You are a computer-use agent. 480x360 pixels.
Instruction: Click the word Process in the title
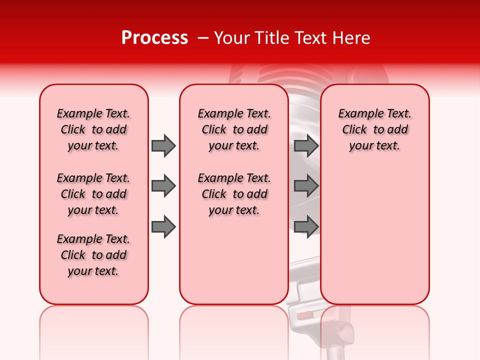point(154,38)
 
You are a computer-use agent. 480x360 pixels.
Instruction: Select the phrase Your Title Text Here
point(292,38)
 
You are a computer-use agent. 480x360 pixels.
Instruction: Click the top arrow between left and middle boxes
point(163,145)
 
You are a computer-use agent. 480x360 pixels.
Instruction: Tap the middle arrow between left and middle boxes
point(163,186)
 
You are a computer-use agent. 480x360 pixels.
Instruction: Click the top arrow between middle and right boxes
point(306,145)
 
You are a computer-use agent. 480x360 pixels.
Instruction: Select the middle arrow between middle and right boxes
point(306,186)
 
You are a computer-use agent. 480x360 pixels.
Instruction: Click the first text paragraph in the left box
point(93,129)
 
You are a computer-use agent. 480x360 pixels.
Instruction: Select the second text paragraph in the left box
point(93,194)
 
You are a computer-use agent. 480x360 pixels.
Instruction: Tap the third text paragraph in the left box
point(93,255)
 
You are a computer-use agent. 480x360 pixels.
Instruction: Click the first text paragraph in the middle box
point(234,129)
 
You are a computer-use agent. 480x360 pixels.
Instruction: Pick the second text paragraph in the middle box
point(234,194)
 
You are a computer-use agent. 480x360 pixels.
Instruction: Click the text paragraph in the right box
point(374,129)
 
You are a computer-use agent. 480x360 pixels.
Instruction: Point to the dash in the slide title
point(202,38)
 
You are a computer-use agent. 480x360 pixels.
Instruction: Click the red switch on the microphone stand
point(304,315)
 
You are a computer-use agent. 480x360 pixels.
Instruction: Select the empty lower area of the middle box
point(234,260)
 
